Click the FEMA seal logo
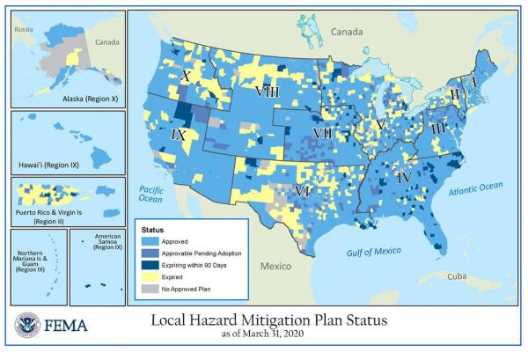[x=27, y=327]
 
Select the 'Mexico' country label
[x=275, y=265]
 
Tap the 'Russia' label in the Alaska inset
[x=22, y=29]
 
